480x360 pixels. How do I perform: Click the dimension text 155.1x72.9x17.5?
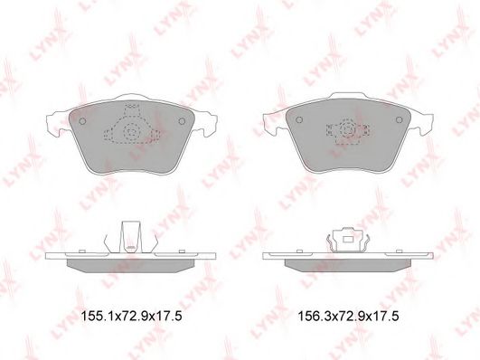[131, 316]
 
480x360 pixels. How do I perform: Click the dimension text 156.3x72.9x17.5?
[348, 316]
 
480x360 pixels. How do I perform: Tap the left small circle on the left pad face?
[82, 121]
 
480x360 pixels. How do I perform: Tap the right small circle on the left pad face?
[182, 121]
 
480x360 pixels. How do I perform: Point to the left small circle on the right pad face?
[300, 119]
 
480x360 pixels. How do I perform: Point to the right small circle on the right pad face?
[399, 119]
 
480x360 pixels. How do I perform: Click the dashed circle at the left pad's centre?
[132, 132]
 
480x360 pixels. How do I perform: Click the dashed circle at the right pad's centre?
[348, 129]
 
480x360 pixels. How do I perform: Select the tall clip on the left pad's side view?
[131, 237]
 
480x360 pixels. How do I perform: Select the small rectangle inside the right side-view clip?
[348, 240]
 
